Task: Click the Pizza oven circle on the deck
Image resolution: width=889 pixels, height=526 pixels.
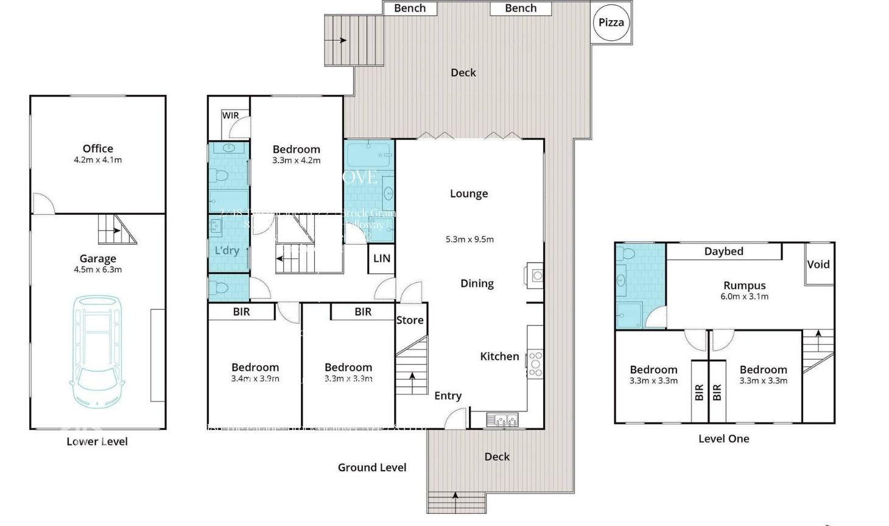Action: pos(611,23)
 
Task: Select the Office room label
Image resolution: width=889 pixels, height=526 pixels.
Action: pos(97,149)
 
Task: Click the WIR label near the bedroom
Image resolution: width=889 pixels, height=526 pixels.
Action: pos(230,116)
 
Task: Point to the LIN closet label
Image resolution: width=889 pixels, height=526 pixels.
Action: pos(382,259)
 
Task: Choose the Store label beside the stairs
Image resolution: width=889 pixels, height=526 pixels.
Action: pos(410,320)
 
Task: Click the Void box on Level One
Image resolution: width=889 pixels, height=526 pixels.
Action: pos(818,264)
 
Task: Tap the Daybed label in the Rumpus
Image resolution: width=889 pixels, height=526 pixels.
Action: pos(723,251)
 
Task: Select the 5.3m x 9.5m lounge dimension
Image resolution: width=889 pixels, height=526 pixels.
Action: pos(469,239)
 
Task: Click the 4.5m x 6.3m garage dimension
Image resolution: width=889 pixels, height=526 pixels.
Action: pos(97,270)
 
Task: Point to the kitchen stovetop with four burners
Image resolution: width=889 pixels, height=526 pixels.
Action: pos(535,363)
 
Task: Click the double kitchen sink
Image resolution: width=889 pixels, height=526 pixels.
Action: pos(502,419)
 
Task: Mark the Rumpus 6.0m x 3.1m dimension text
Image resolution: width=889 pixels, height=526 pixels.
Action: pos(744,296)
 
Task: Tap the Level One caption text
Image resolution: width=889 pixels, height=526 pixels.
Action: pos(723,438)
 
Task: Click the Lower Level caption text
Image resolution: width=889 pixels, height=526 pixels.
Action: pos(97,441)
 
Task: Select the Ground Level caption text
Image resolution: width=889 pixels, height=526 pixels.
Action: pos(372,468)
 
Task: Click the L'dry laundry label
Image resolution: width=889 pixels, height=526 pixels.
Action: pos(227,251)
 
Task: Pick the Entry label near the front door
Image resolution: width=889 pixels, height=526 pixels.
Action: pos(448,396)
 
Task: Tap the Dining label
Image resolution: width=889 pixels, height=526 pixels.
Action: pos(477,284)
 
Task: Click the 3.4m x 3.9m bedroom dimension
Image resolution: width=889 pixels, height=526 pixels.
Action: pos(255,379)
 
